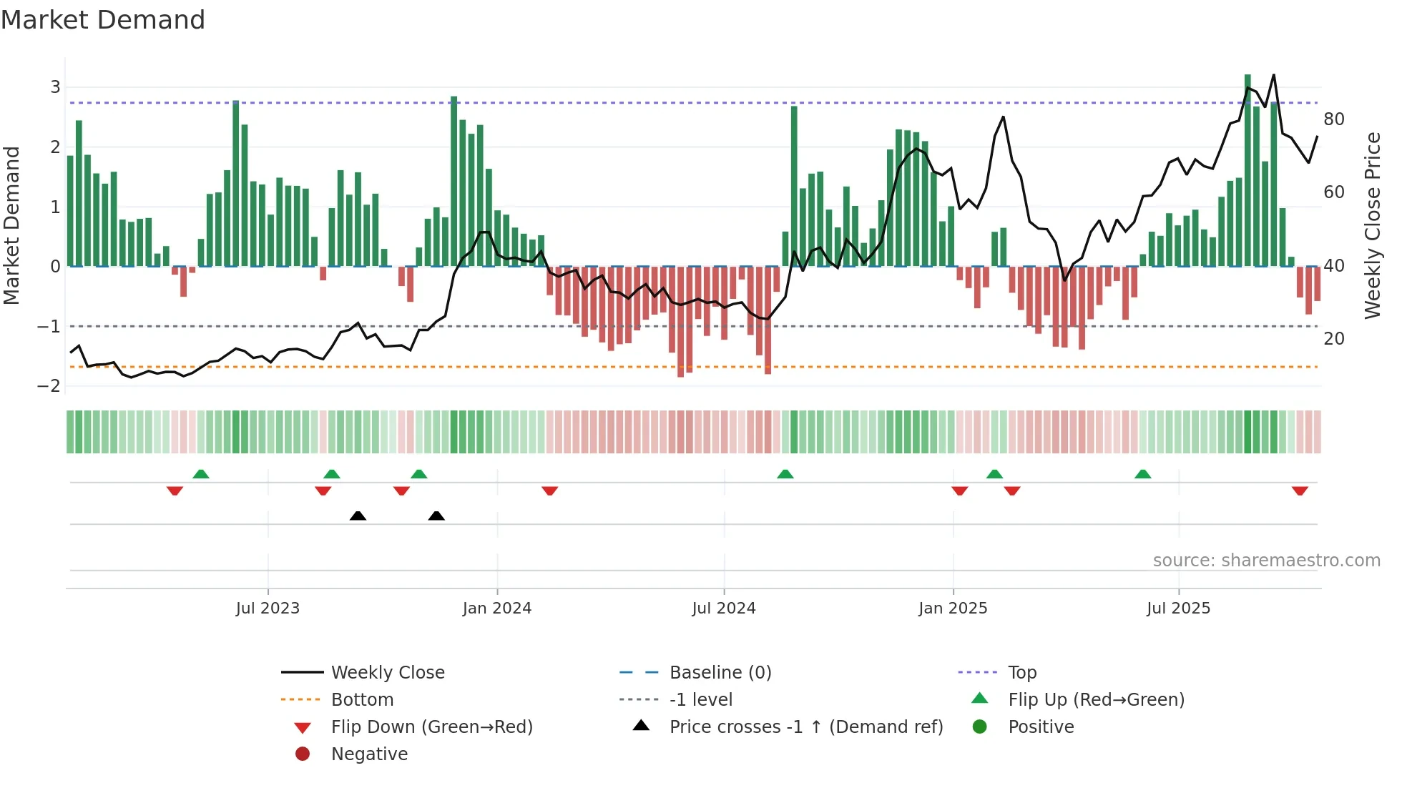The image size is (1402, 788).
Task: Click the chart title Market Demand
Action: [x=103, y=20]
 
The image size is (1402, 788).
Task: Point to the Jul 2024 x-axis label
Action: [x=723, y=609]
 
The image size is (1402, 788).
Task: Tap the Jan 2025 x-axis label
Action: [x=953, y=609]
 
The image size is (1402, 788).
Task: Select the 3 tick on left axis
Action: [x=55, y=87]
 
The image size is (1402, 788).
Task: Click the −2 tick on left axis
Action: [x=49, y=386]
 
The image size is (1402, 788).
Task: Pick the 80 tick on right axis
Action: [x=1333, y=119]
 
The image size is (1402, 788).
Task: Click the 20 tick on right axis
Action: [x=1333, y=339]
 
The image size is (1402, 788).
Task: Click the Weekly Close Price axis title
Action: [x=1372, y=225]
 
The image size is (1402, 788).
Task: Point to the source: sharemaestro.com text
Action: [x=1266, y=561]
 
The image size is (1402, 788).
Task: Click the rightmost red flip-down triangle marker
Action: [x=1300, y=491]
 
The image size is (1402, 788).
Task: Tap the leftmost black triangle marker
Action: [x=358, y=516]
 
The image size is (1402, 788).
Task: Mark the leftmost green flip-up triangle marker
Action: [x=201, y=474]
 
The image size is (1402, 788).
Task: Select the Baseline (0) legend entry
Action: [x=720, y=673]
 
